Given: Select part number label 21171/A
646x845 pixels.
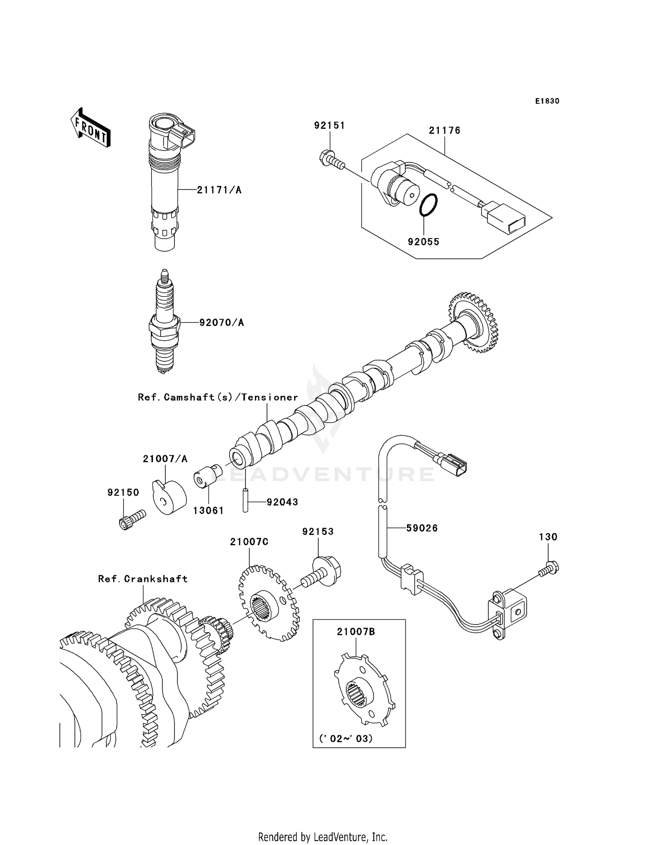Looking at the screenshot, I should pos(219,190).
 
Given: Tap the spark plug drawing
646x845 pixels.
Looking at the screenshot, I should pos(164,323).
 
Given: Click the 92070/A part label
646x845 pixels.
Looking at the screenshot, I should pos(221,323).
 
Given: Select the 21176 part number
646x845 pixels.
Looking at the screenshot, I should pos(444,130).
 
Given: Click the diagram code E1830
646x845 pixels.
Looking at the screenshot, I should pos(547,101).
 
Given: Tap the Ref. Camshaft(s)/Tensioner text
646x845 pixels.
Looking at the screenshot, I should pos(218,397).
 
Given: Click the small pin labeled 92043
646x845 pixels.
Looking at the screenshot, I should pos(245,500).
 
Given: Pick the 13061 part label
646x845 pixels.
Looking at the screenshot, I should pos(208,510).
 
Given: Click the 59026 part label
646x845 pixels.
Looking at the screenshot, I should pos(422,528).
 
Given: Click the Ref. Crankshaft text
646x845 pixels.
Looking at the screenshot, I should pos(143,579).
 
